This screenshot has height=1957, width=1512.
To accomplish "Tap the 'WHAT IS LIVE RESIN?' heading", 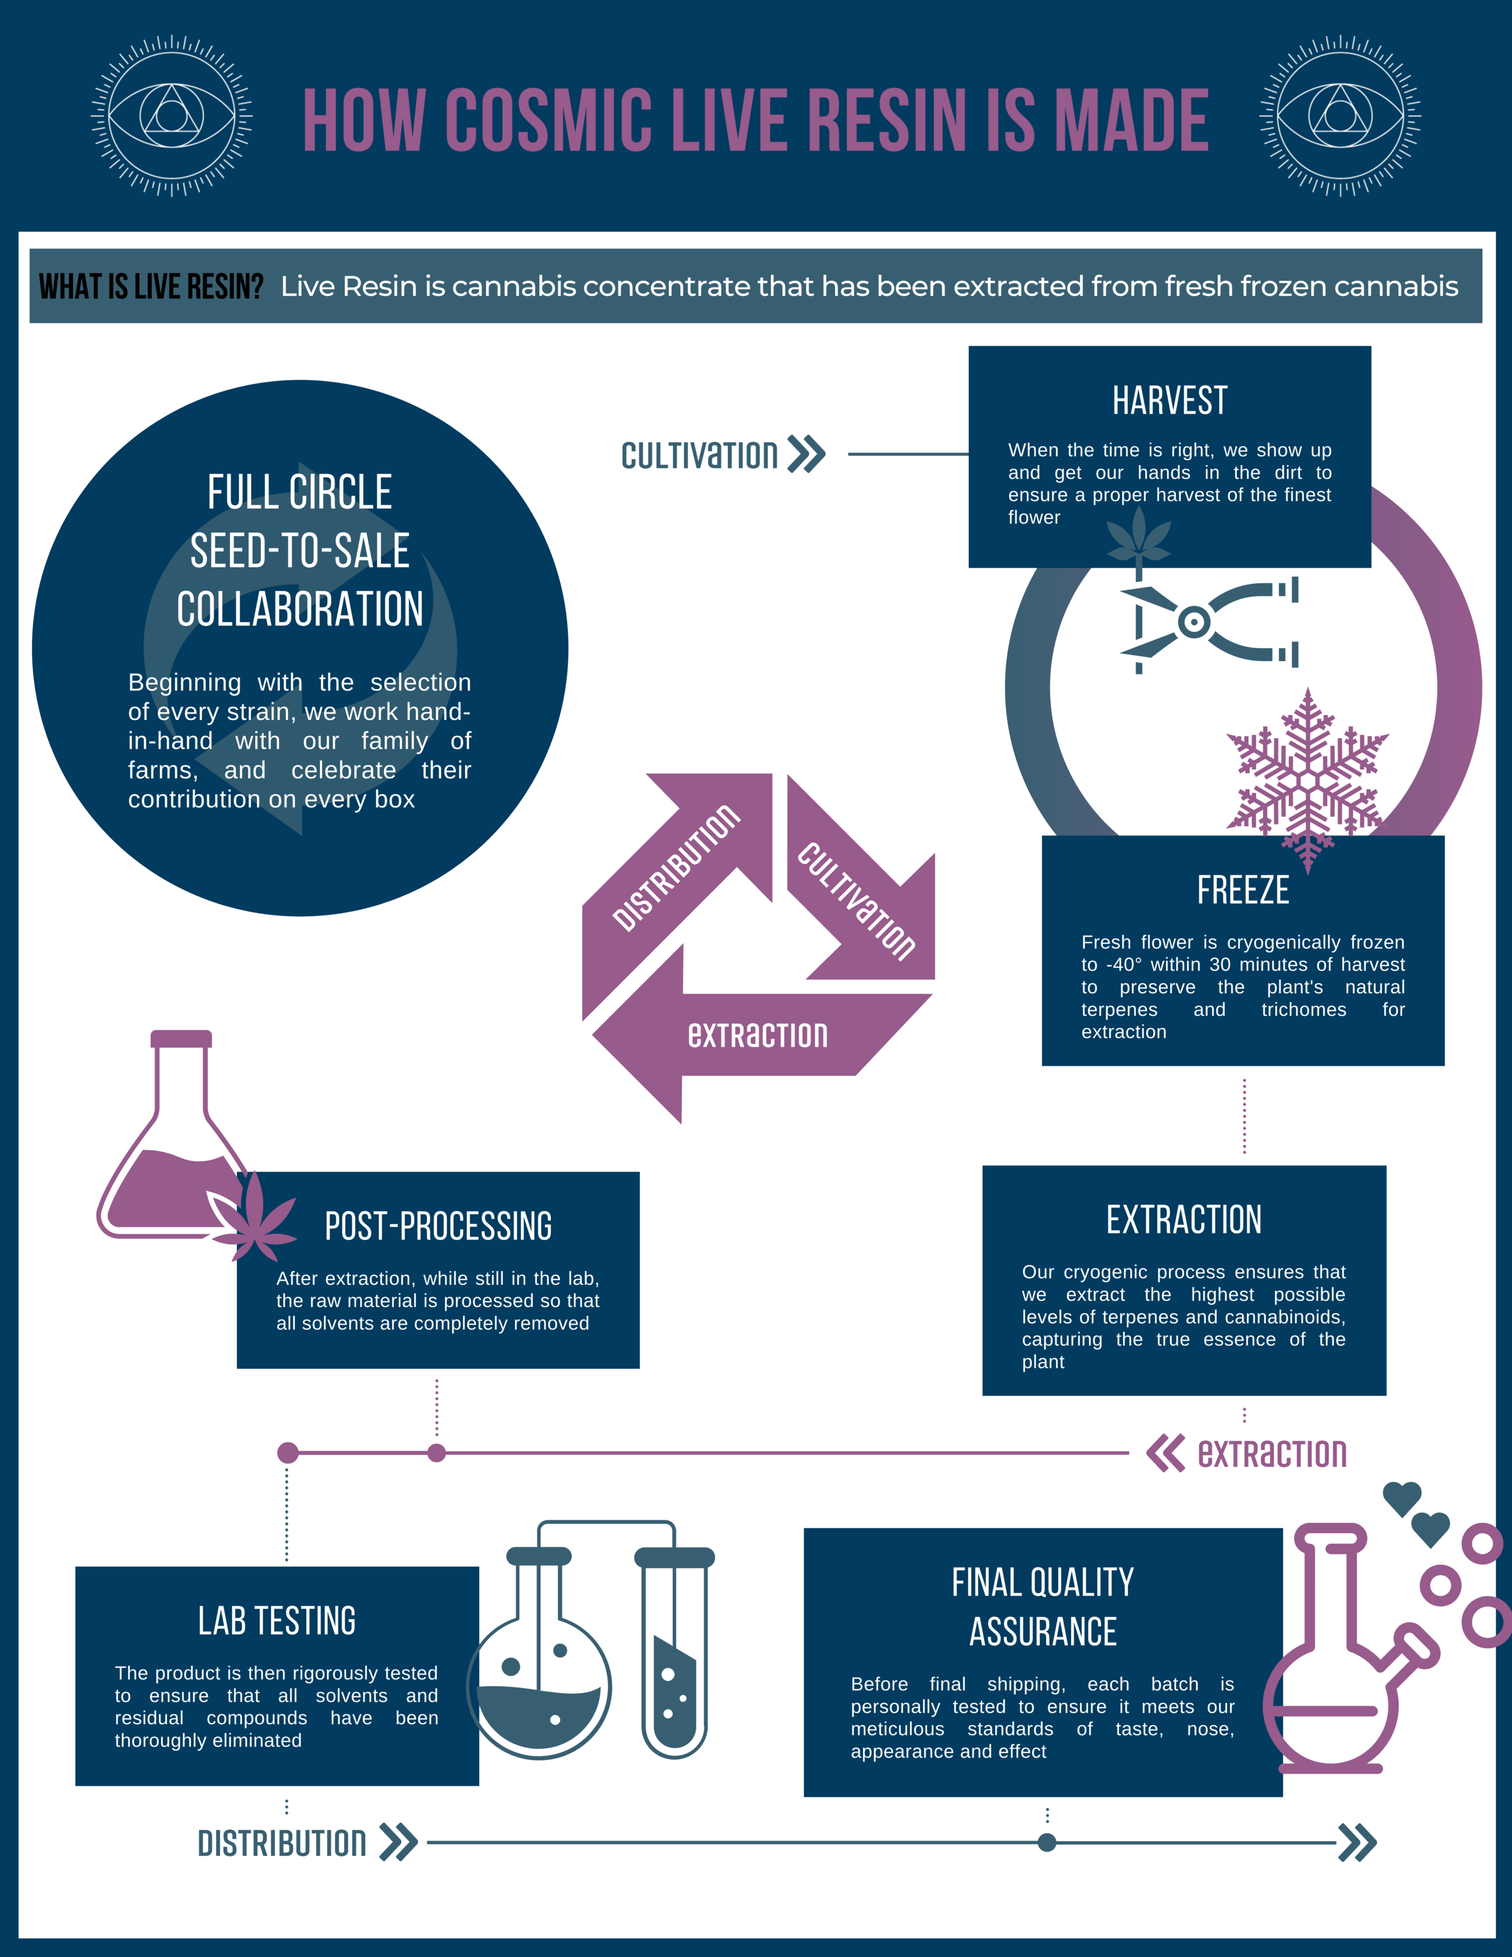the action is click(x=151, y=287).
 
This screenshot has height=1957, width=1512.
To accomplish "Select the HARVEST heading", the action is click(x=1169, y=400).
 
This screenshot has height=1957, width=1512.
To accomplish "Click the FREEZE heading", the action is click(x=1242, y=890).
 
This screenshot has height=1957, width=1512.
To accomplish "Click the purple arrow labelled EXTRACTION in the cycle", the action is click(x=757, y=1035).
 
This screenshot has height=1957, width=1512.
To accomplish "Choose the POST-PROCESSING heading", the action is click(x=438, y=1226).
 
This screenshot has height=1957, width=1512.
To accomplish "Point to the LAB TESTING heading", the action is click(x=277, y=1620).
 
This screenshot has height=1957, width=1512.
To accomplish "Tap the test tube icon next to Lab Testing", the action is click(x=674, y=1658).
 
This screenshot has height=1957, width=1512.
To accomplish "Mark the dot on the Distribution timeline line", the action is click(x=1046, y=1842).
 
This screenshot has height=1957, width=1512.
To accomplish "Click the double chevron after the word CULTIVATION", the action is click(x=806, y=454).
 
